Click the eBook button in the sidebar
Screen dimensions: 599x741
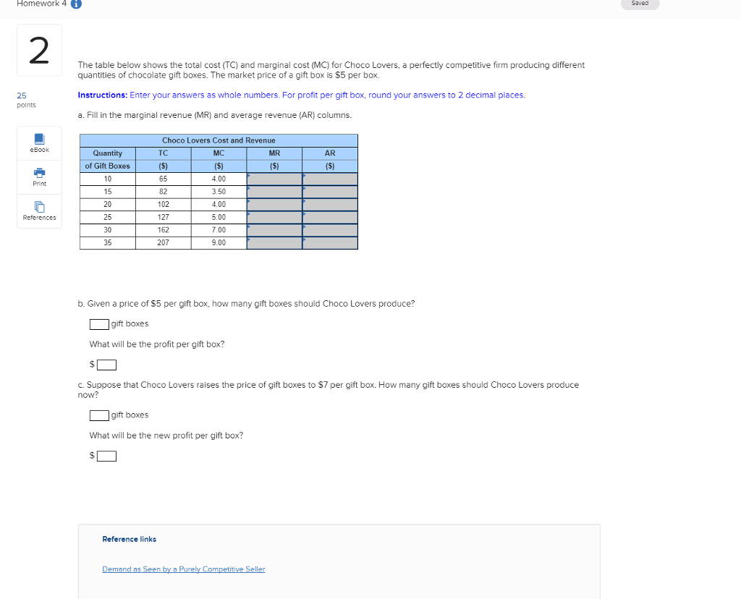39,143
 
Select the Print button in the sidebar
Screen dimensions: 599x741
39,177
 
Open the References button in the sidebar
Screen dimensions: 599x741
39,211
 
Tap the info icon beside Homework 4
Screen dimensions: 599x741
75,4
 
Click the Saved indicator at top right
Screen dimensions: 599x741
640,4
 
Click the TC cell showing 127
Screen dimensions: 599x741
163,217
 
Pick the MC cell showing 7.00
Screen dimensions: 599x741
219,230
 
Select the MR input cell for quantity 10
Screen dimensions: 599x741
274,179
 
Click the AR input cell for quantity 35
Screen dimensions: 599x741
330,243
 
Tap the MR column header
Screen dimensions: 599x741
274,153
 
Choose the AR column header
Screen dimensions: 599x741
330,153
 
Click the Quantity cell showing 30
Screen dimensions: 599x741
108,230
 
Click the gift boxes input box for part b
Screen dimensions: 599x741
99,323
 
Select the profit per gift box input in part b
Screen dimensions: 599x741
106,365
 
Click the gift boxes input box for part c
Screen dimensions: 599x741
99,415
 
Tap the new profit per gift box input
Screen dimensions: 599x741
106,456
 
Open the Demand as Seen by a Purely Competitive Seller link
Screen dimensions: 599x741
183,569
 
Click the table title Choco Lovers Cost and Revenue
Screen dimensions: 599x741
219,140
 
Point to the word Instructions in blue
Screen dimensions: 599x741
102,95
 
